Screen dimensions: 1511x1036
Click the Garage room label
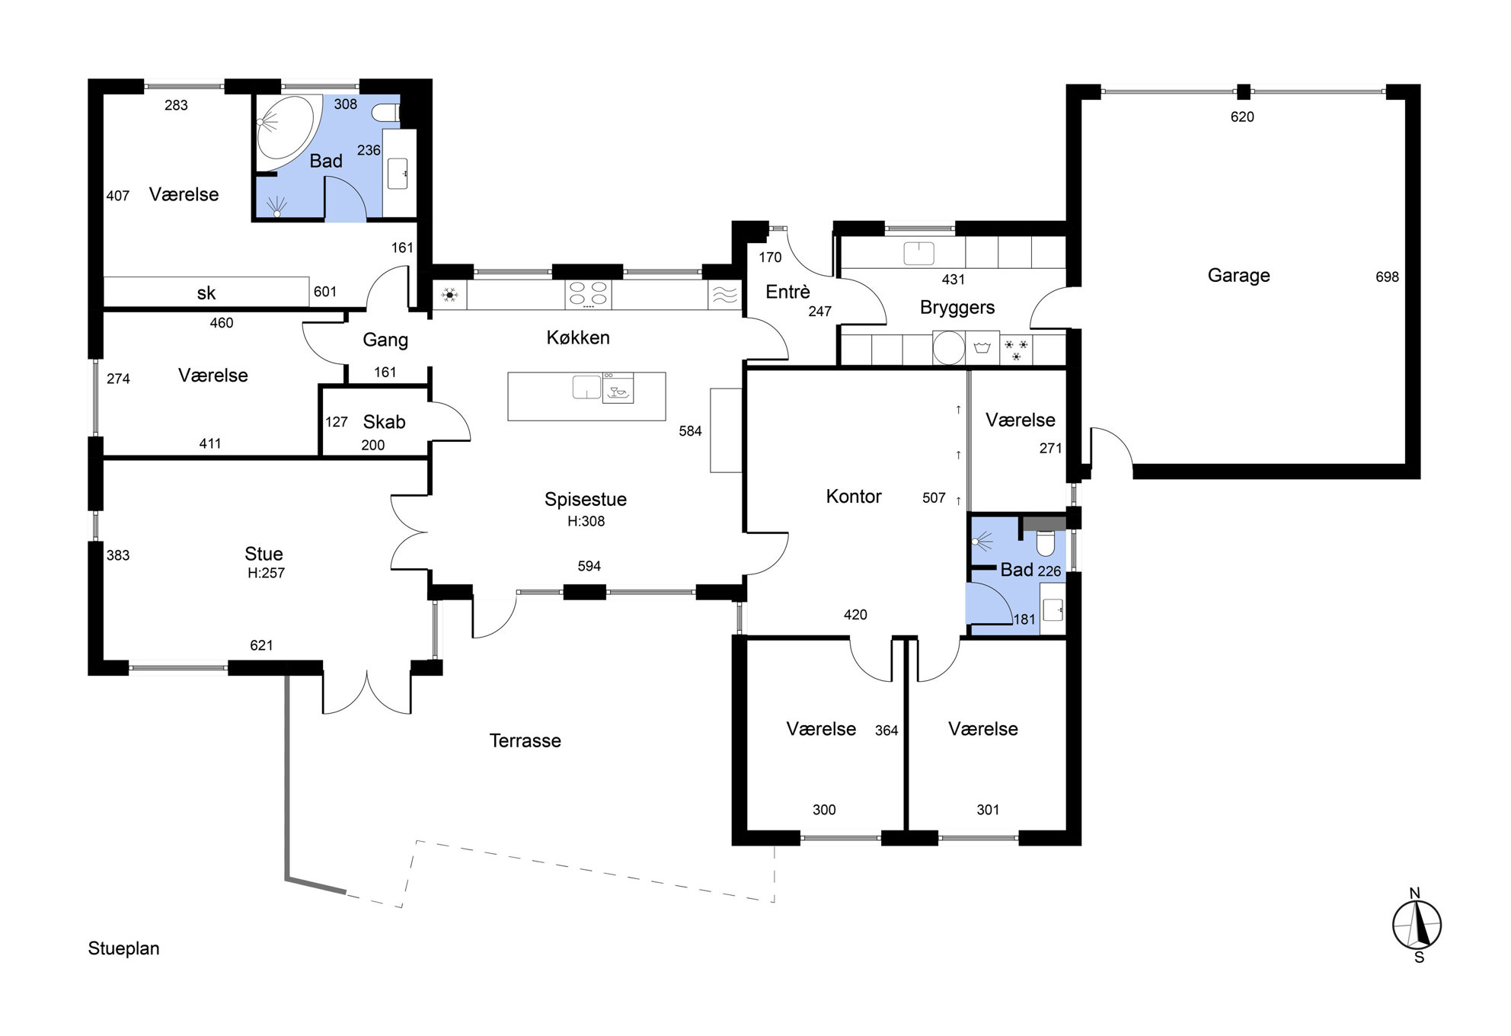1238,276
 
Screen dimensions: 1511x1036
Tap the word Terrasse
525,740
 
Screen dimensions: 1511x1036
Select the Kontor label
853,497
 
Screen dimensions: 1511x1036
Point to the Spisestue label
585,500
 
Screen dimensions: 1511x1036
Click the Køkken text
578,337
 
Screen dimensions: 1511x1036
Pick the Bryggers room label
957,308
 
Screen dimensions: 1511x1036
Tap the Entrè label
787,292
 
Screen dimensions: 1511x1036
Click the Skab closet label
384,422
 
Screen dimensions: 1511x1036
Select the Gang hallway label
385,340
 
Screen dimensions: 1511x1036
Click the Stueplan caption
123,948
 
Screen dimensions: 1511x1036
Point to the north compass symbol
1417,925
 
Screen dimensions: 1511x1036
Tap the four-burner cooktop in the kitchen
587,295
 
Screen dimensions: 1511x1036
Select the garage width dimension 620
1242,117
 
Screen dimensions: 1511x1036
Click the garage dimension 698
1387,277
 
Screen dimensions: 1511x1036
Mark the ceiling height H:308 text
586,522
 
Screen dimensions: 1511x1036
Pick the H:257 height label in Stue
266,574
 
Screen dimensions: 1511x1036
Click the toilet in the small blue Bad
1046,544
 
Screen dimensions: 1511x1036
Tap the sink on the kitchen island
586,387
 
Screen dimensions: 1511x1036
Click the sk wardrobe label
206,293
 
